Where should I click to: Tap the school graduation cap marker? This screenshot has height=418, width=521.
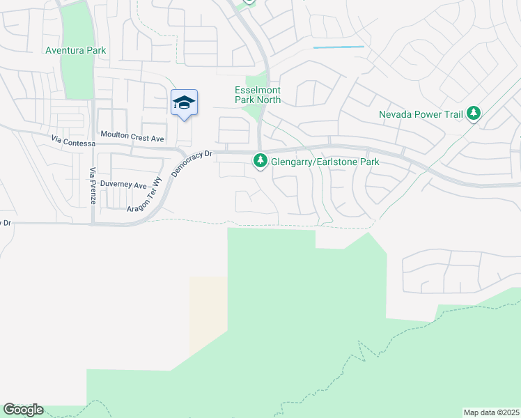[184, 103]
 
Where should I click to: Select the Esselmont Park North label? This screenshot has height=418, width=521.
[257, 95]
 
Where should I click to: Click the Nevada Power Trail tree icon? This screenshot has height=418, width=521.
[474, 113]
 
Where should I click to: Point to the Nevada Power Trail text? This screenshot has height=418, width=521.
[421, 114]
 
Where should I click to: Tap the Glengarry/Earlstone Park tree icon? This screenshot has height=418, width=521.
[260, 162]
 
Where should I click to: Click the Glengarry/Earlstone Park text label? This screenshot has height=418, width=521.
[325, 162]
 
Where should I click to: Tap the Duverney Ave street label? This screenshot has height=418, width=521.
[124, 186]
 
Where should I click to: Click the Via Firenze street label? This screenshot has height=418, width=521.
[92, 186]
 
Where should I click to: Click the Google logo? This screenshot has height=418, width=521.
[23, 410]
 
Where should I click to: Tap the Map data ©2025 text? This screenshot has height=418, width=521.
[491, 412]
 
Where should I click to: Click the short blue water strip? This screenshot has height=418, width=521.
[339, 47]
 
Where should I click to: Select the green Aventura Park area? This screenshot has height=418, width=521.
[78, 77]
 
